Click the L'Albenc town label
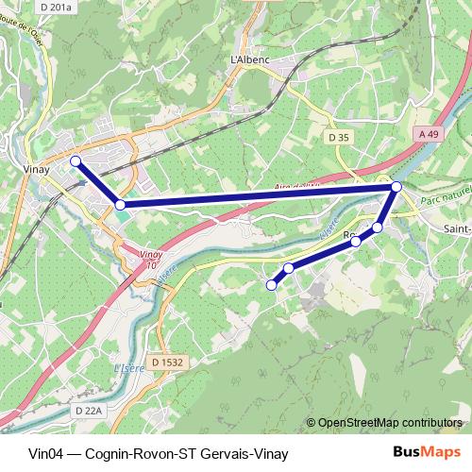[x=250, y=59]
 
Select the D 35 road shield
[x=340, y=138]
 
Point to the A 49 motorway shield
[x=429, y=135]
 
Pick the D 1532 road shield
[x=164, y=362]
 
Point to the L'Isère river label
[x=126, y=368]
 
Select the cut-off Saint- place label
[x=457, y=228]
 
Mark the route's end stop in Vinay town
[x=76, y=161]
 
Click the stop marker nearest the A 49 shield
[x=396, y=187]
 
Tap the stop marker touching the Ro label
[x=356, y=242]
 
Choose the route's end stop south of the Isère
[x=272, y=284]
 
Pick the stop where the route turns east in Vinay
[x=120, y=204]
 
